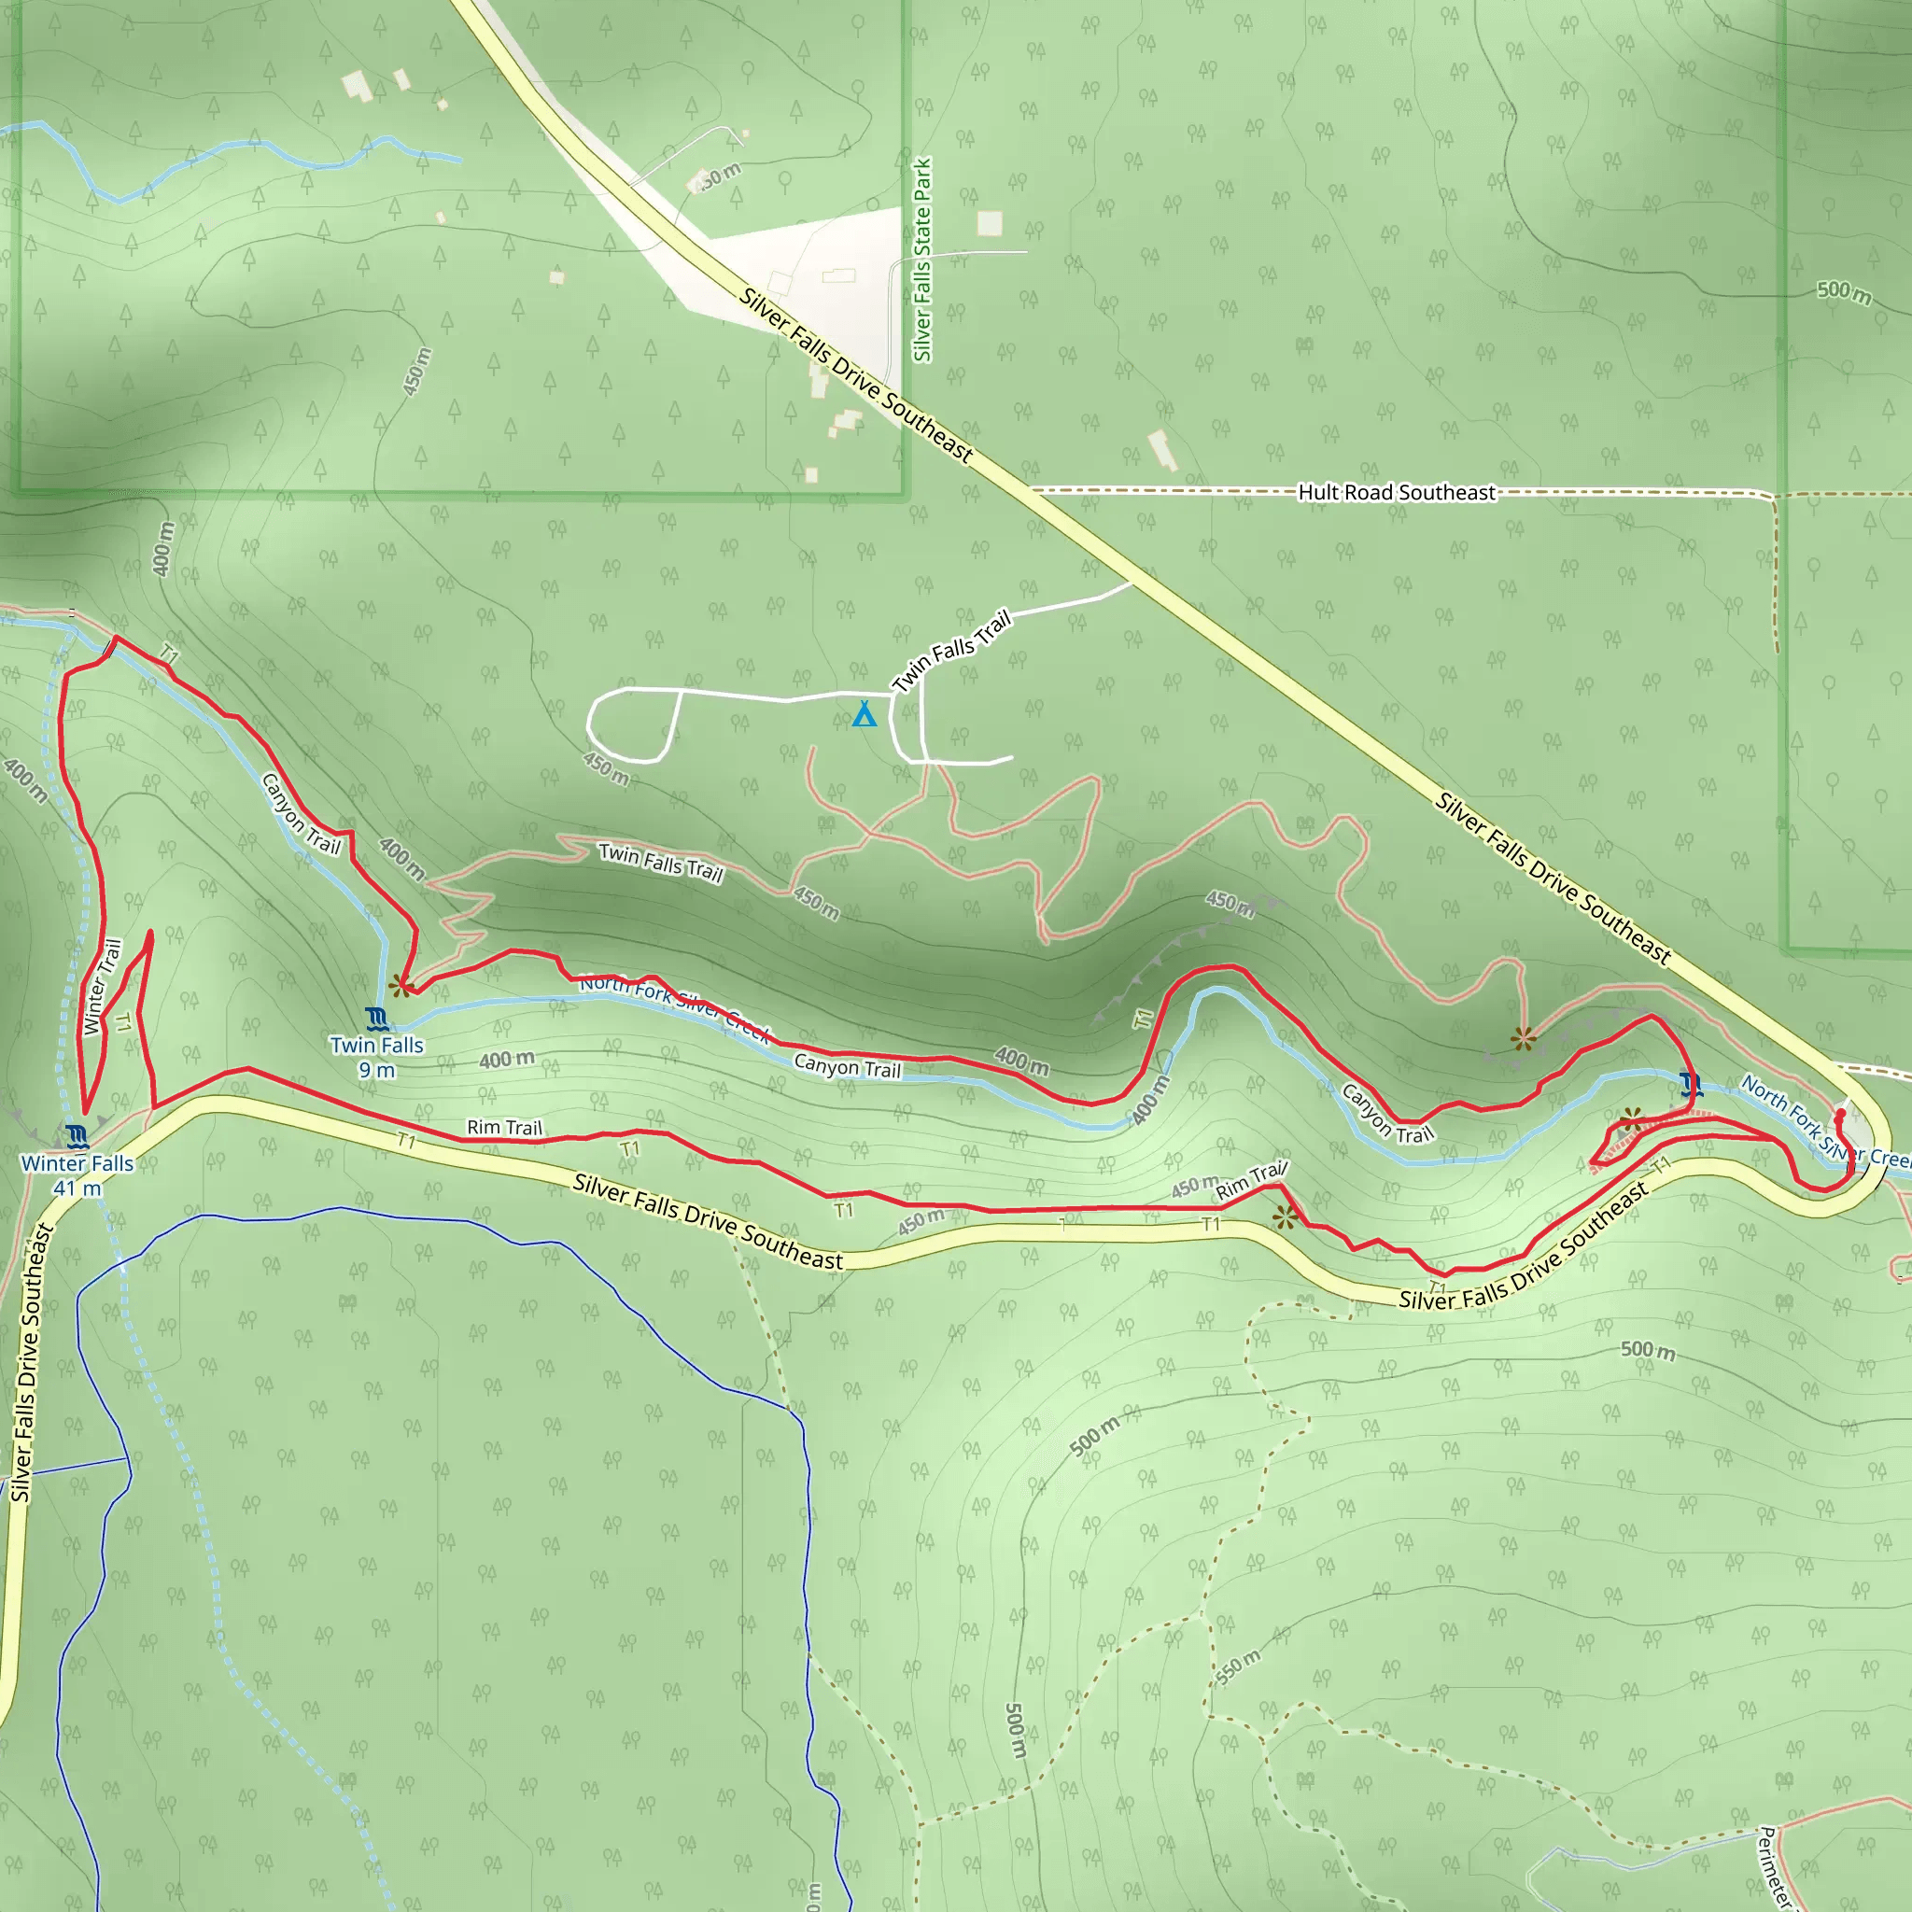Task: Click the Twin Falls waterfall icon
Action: pos(376,1019)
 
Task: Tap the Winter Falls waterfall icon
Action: pos(78,1135)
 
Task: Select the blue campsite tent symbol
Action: pos(864,713)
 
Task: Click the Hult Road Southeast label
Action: pos(1397,492)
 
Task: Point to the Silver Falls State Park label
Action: pos(922,260)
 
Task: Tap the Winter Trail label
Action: pos(103,987)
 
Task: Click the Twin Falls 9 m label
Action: pos(376,1057)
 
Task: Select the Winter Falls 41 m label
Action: pos(77,1174)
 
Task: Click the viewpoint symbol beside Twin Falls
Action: pos(400,986)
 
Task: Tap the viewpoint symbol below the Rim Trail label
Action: pos(1285,1217)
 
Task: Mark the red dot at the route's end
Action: pos(1840,1115)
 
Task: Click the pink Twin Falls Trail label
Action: pos(661,862)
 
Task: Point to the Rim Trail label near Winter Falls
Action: pos(505,1127)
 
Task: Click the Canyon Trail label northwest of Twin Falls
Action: pos(301,813)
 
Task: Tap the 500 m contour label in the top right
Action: pos(1844,292)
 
